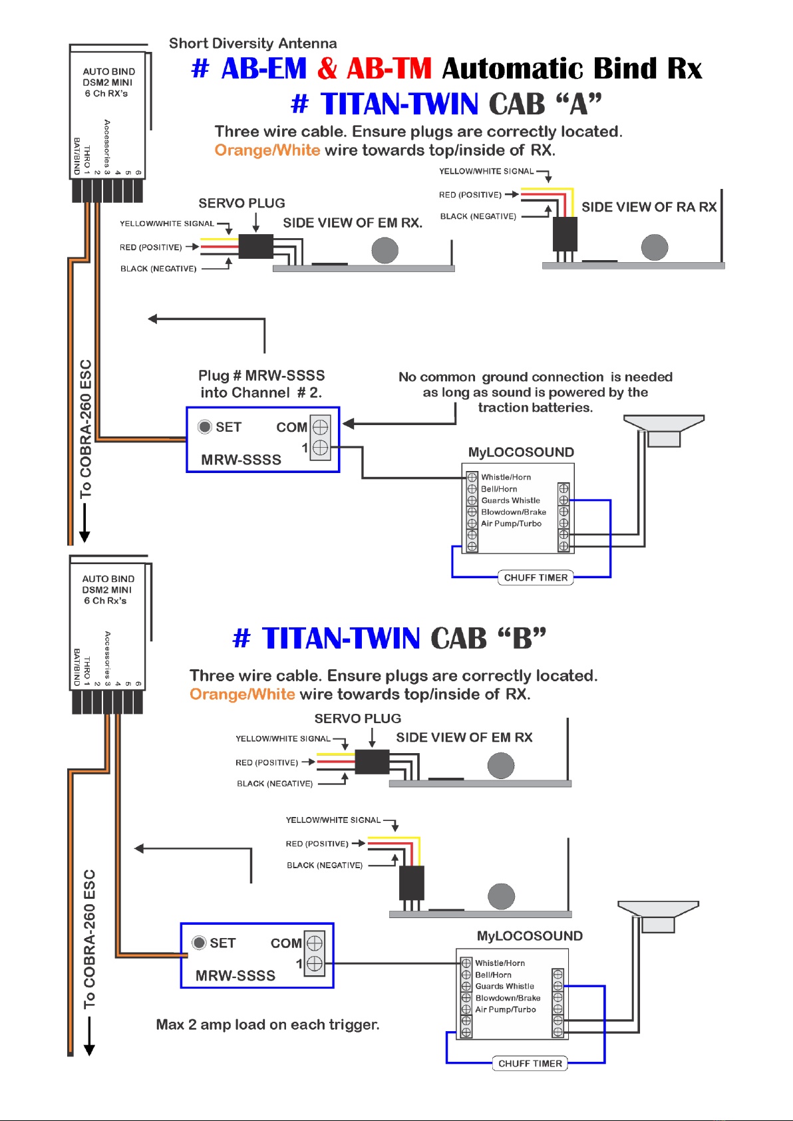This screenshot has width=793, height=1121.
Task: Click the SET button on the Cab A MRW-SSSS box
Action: point(205,427)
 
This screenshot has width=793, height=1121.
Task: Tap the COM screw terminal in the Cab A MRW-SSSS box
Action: point(320,427)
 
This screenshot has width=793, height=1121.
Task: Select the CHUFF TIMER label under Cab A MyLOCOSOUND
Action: point(536,577)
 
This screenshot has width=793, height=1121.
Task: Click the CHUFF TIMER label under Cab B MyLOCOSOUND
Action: point(530,1063)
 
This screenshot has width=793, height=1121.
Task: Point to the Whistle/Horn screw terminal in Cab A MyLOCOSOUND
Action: point(472,477)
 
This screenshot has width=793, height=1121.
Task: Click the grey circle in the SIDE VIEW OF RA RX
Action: point(655,247)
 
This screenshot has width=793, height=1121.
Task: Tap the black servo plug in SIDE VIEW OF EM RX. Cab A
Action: point(255,246)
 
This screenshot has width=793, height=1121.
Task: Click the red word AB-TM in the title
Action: point(389,69)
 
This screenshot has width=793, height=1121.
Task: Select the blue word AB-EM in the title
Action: point(263,69)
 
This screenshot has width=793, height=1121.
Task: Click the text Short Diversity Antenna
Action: point(253,43)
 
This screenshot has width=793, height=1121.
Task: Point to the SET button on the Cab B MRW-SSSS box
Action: point(199,943)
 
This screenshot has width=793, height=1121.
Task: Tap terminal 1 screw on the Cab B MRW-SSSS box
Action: point(314,963)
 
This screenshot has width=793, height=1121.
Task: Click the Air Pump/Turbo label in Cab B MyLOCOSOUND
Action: point(506,1009)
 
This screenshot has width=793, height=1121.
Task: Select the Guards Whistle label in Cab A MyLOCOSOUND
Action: point(510,500)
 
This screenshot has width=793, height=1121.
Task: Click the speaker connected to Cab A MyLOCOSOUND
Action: point(664,430)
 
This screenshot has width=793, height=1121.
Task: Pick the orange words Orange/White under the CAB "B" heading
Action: point(242,694)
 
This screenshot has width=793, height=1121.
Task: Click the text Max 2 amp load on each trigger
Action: point(267,1025)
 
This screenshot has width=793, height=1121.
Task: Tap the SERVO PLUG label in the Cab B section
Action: point(358,719)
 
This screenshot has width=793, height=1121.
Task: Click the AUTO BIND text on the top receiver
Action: point(109,72)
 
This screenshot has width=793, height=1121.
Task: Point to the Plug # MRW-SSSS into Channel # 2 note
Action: point(261,384)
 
